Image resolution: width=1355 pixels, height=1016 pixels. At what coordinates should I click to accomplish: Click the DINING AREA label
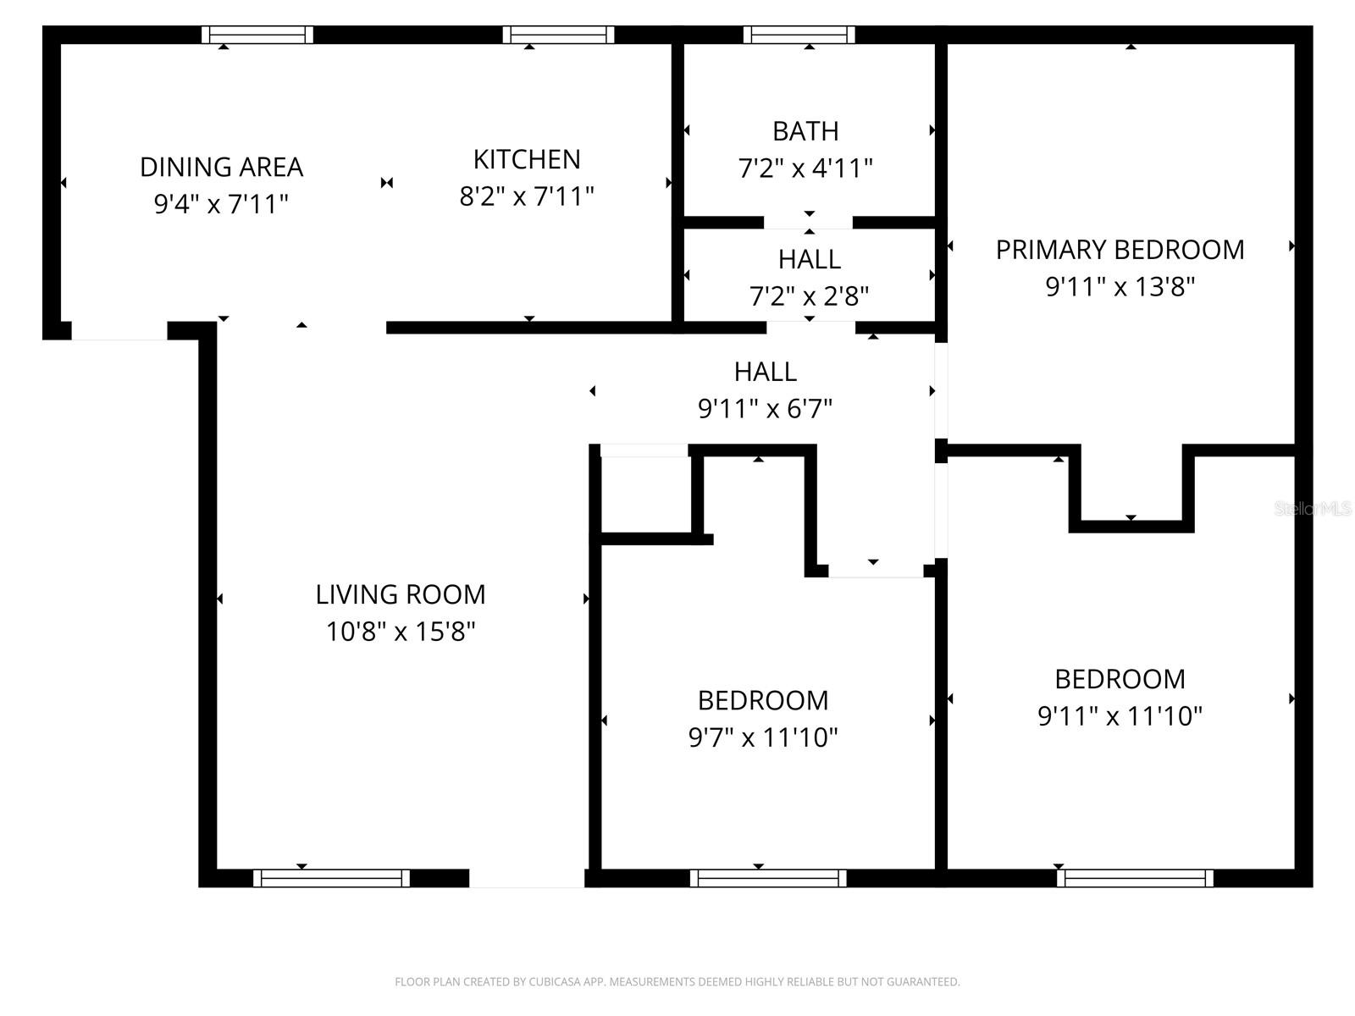pyautogui.click(x=221, y=167)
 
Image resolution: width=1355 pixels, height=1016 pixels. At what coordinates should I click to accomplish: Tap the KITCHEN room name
pyautogui.click(x=527, y=159)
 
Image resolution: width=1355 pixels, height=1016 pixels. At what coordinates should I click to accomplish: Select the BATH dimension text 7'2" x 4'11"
pyautogui.click(x=805, y=168)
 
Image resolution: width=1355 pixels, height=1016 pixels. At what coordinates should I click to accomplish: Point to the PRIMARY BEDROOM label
pyautogui.click(x=1120, y=250)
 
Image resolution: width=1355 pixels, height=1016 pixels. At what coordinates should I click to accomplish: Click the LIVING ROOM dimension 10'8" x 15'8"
pyautogui.click(x=401, y=632)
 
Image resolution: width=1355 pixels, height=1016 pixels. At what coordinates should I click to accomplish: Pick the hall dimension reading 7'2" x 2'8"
pyautogui.click(x=809, y=296)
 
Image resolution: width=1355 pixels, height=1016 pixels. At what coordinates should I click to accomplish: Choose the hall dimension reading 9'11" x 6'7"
pyautogui.click(x=765, y=409)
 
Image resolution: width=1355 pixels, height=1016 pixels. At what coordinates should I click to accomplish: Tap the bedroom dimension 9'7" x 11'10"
pyautogui.click(x=762, y=737)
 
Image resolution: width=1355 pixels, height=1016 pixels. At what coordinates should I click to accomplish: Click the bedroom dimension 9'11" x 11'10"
pyautogui.click(x=1120, y=716)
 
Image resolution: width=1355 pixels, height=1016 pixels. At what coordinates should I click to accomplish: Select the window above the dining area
pyautogui.click(x=257, y=35)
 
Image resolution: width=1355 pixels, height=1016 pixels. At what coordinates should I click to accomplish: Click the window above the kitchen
pyautogui.click(x=558, y=35)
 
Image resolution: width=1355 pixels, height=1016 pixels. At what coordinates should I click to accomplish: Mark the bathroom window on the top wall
pyautogui.click(x=799, y=35)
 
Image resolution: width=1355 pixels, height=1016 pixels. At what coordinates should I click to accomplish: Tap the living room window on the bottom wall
pyautogui.click(x=331, y=878)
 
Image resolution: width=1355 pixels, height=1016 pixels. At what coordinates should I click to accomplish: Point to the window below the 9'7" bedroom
pyautogui.click(x=768, y=878)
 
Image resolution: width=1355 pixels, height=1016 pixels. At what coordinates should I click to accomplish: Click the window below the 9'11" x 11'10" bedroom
pyautogui.click(x=1135, y=878)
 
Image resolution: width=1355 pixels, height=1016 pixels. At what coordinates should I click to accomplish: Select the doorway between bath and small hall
pyautogui.click(x=808, y=223)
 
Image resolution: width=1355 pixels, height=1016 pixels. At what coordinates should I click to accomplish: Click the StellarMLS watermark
pyautogui.click(x=1313, y=509)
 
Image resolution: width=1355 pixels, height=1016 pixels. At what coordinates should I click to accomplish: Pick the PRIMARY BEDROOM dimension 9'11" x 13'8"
pyautogui.click(x=1120, y=287)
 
